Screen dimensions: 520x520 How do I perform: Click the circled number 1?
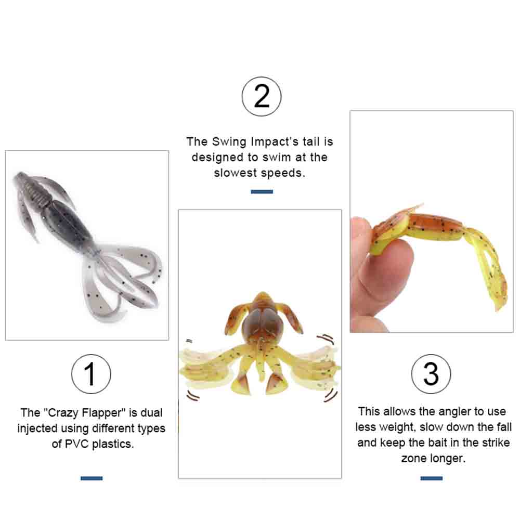[x=91, y=374]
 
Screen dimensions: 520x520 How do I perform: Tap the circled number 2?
[x=262, y=96]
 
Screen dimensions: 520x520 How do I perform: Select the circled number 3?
[x=431, y=374]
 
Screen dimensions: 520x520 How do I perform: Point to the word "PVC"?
[x=76, y=444]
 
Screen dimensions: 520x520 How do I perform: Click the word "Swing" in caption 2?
[x=229, y=141]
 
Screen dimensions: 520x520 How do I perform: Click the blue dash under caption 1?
[x=92, y=478]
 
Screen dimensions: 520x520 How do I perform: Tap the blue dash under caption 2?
[x=262, y=192]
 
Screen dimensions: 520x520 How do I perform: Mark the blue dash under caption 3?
[x=432, y=478]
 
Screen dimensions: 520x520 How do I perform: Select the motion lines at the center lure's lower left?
[x=192, y=395]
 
